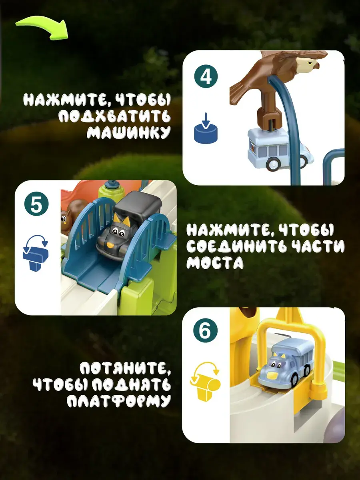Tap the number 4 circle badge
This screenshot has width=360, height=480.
point(206,76)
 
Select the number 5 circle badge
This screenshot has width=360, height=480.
point(36,204)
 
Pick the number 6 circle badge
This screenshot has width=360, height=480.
point(206,331)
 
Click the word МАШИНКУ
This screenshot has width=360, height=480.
point(128,132)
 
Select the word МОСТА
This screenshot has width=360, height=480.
point(215,262)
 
